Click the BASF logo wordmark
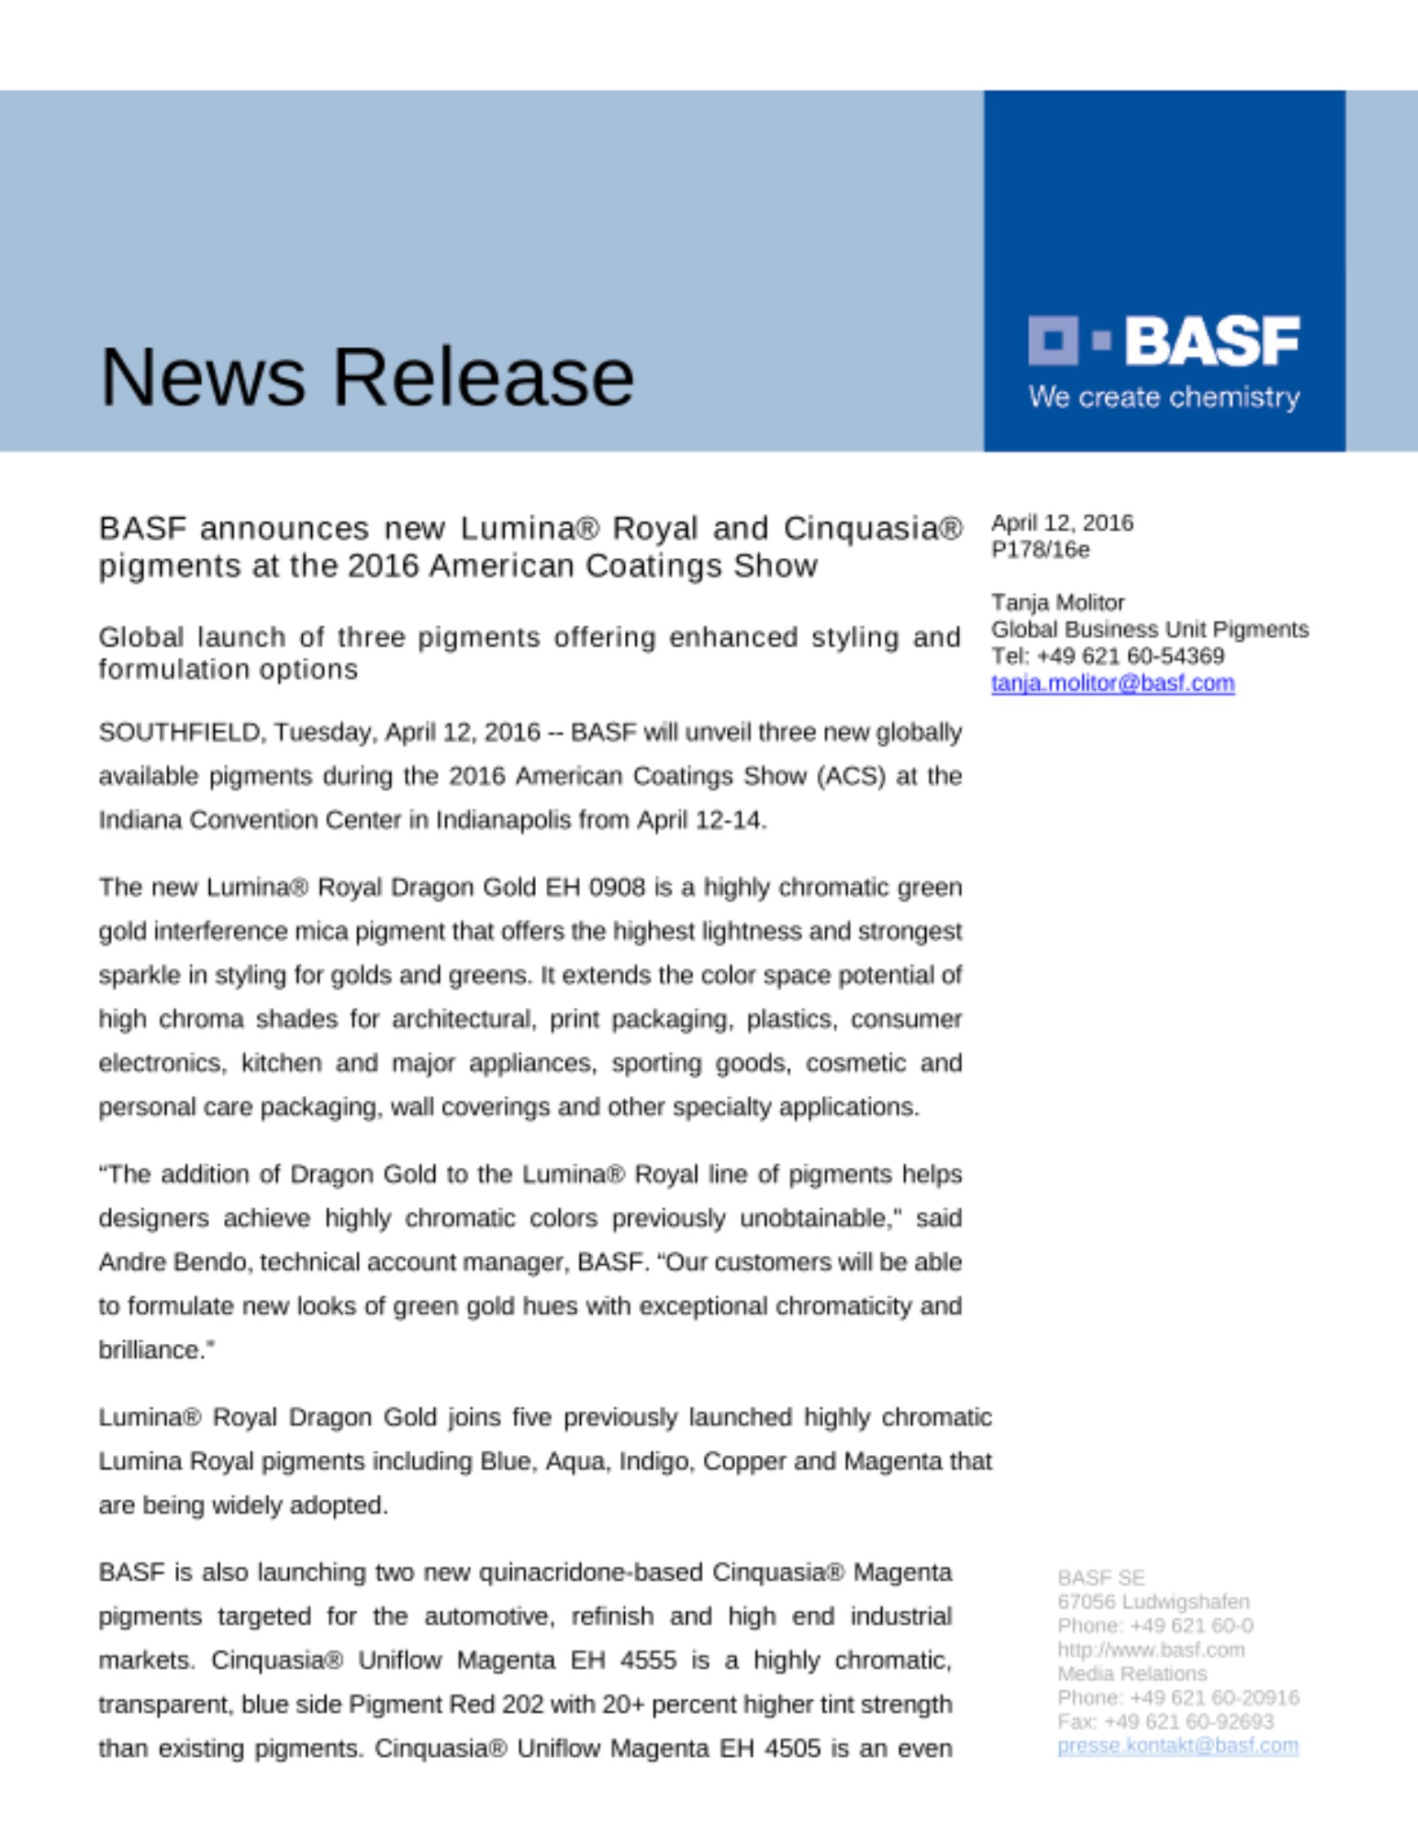(x=1211, y=341)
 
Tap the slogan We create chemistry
(x=1164, y=397)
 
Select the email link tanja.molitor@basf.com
(x=1112, y=683)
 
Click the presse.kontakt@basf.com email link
(x=1178, y=1745)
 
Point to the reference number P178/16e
(x=1040, y=550)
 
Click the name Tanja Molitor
(x=1057, y=602)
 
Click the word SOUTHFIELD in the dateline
(x=181, y=733)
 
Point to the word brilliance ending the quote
(x=152, y=1350)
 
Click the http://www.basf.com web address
(x=1150, y=1650)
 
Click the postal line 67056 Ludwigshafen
(x=1153, y=1602)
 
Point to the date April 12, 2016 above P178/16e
(x=1062, y=523)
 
